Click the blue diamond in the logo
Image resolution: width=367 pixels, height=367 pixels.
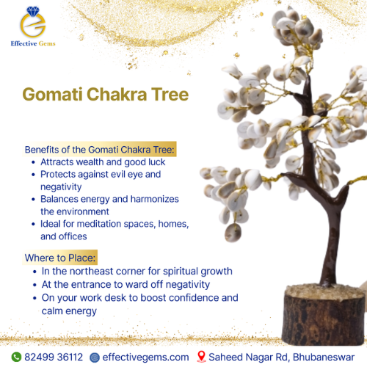tap(33, 12)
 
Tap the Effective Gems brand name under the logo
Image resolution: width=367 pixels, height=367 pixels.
tap(33, 43)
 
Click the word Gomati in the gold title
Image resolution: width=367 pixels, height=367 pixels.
tap(52, 94)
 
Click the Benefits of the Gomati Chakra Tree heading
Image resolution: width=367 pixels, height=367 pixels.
tap(100, 150)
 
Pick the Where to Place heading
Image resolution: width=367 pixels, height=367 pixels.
tap(60, 258)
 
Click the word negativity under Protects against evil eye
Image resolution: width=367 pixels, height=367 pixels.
tap(61, 187)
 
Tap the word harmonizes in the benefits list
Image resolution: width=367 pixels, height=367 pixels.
tap(155, 199)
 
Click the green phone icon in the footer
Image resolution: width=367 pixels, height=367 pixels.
tap(16, 357)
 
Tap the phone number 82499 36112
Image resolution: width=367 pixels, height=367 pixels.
tap(54, 357)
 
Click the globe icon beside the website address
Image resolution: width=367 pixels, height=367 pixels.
tap(95, 357)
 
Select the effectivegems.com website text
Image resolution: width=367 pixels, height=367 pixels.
tap(145, 357)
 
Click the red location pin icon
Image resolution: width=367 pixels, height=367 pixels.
tap(201, 357)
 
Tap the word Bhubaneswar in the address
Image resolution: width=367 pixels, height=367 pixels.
tap(324, 357)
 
